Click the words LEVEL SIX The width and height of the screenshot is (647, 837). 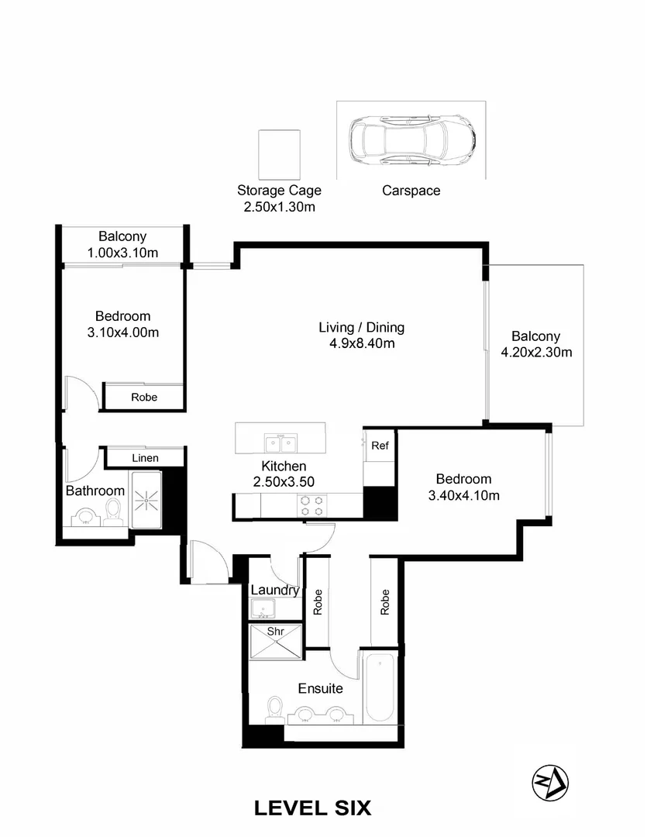[312, 808]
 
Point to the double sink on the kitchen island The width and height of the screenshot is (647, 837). [280, 443]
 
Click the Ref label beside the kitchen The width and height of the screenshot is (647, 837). [380, 446]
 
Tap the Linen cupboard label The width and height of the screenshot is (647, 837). [145, 458]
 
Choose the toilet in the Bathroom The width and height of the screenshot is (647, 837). [114, 510]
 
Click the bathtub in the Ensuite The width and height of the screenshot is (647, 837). [380, 687]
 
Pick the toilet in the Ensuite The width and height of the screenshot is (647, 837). [274, 709]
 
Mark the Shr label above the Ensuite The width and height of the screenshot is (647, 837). [275, 632]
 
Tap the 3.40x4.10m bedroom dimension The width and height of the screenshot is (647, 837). [463, 495]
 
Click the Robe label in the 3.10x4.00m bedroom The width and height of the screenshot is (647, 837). [144, 397]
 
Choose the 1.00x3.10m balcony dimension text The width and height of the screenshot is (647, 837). [122, 252]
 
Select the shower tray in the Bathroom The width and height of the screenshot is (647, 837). [146, 501]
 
